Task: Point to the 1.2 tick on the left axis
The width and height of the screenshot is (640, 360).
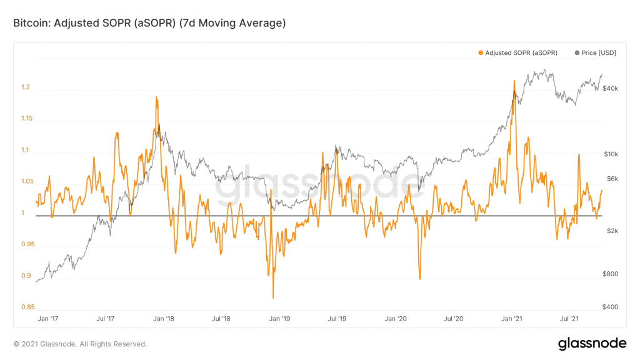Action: click(26, 87)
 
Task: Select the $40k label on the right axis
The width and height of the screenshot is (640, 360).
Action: click(609, 89)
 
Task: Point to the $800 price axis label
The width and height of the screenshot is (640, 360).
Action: click(609, 274)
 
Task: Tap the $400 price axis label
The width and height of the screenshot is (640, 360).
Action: click(609, 307)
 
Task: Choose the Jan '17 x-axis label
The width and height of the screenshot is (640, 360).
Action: click(47, 319)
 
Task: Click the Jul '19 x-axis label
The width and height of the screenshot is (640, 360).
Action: click(337, 319)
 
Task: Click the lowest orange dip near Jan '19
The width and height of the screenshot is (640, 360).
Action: click(273, 298)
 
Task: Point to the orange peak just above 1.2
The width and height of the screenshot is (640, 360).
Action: click(514, 81)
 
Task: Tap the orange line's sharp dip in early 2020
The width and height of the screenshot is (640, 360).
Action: click(419, 279)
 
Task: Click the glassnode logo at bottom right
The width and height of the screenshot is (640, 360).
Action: click(592, 343)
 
